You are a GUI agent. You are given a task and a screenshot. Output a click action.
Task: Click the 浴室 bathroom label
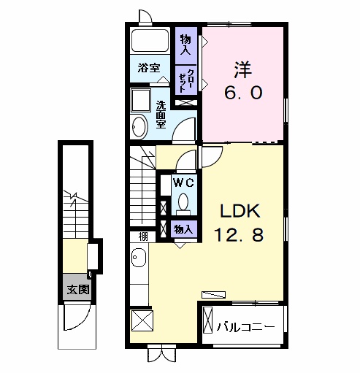pos(149,68)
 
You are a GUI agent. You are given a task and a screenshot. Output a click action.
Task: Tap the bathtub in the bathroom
pos(150,41)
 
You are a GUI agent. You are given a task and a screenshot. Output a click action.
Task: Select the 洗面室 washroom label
pos(161,115)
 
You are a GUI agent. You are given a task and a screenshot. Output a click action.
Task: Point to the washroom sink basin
pos(139,126)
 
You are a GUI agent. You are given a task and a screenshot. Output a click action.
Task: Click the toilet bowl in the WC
pos(183,202)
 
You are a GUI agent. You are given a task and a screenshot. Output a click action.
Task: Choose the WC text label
pos(183,182)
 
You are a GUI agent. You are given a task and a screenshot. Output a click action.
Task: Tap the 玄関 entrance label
pos(78,289)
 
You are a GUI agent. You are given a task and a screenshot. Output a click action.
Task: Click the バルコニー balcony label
pos(245,327)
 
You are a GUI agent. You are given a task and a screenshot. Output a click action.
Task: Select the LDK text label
pos(240,211)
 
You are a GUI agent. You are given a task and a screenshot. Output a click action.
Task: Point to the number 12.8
pos(239,235)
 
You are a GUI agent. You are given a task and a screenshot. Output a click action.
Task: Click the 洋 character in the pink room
pos(242,70)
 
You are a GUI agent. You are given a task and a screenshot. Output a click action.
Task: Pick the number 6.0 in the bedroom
pos(243,93)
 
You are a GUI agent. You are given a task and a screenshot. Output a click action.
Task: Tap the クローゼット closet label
pos(186,80)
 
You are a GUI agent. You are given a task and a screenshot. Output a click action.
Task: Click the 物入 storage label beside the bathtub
pos(185,45)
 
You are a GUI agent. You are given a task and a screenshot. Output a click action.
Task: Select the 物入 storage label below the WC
pos(183,229)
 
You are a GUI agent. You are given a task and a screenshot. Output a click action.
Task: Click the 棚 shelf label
pos(143,237)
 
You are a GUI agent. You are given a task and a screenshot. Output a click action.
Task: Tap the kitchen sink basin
pos(139,258)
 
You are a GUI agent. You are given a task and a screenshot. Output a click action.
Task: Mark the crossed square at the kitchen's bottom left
pos(142,320)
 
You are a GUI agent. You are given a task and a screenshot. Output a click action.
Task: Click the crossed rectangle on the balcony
pos(207,320)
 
